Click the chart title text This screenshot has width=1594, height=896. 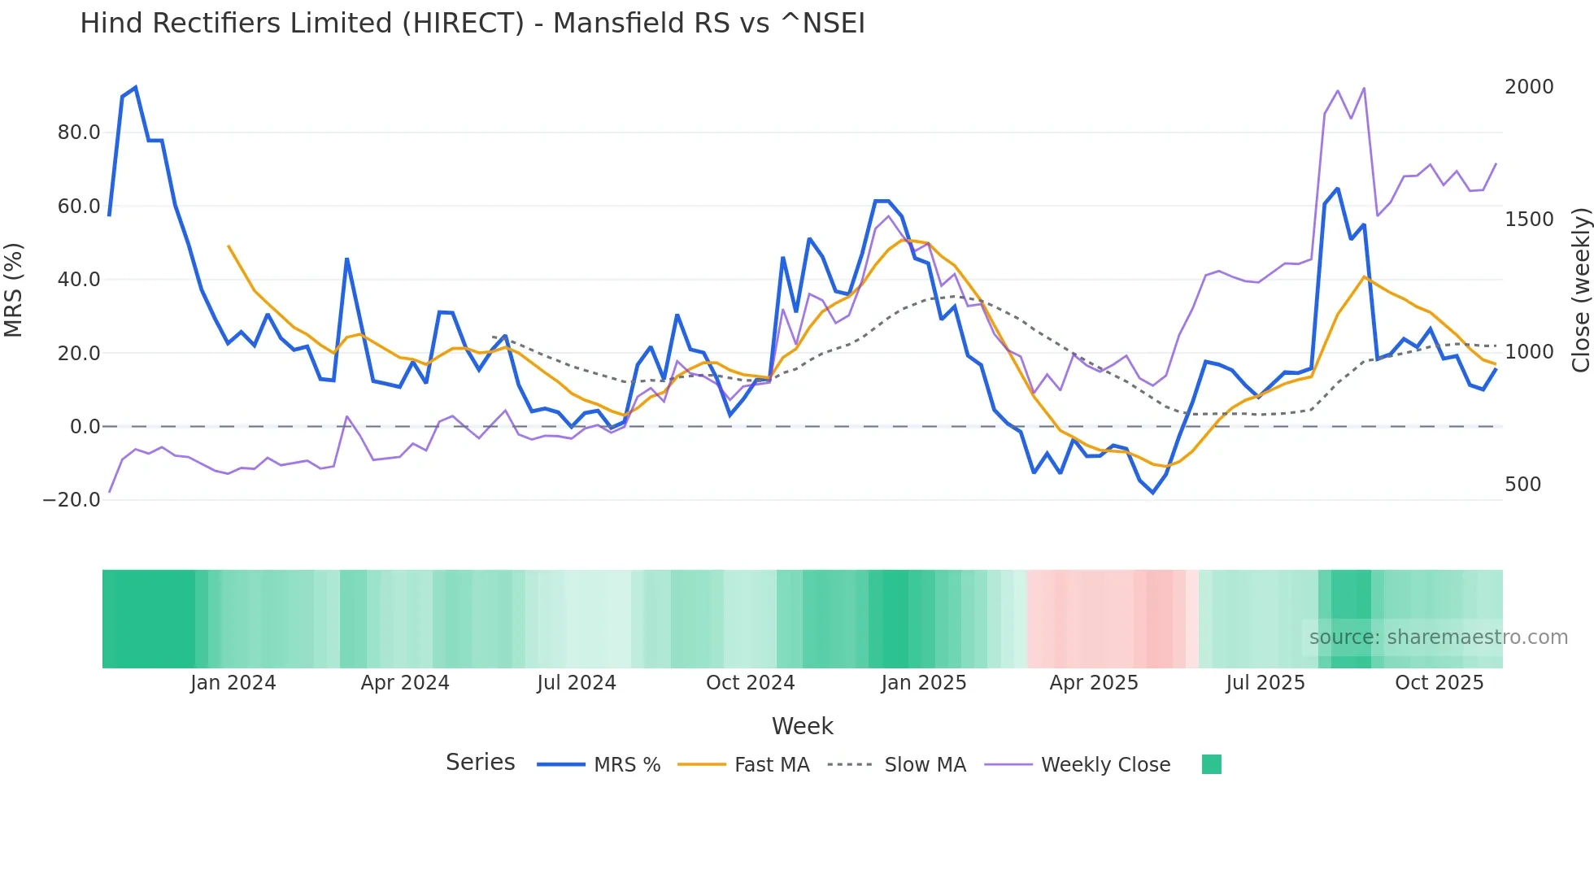click(472, 24)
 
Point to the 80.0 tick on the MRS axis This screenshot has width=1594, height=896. click(79, 133)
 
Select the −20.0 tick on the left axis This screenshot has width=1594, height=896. click(72, 500)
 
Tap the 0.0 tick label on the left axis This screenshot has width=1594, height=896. click(85, 427)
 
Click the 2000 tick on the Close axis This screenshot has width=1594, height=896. click(1528, 87)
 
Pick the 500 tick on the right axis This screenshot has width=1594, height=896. click(1522, 485)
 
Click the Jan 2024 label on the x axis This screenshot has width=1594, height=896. click(233, 683)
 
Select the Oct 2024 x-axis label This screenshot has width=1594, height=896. click(750, 683)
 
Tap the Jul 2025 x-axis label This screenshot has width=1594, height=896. click(1265, 683)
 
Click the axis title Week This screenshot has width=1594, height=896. click(802, 726)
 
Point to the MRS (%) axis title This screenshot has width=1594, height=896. click(14, 290)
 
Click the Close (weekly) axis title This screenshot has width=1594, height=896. click(1580, 290)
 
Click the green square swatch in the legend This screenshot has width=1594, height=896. click(1211, 764)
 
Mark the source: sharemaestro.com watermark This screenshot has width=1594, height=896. click(1438, 637)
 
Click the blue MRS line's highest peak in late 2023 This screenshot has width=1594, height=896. click(136, 87)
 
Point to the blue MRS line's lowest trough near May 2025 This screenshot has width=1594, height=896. click(1152, 493)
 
